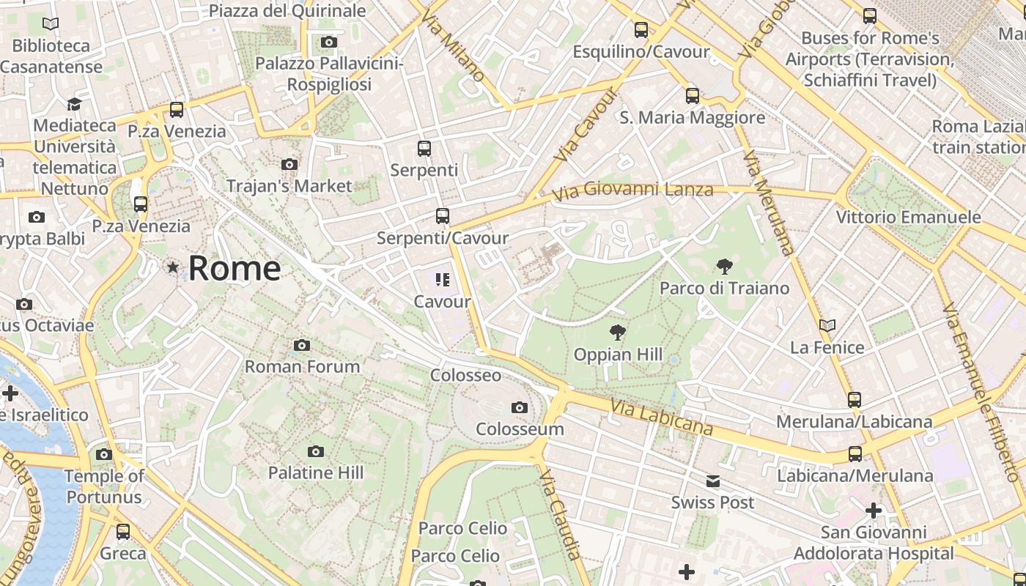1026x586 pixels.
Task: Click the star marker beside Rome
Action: (173, 267)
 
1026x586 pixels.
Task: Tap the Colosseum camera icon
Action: (520, 407)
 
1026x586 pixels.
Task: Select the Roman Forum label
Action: (302, 366)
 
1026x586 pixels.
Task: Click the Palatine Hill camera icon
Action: (316, 451)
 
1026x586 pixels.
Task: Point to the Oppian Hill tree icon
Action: (618, 333)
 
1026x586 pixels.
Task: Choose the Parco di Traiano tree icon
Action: (725, 266)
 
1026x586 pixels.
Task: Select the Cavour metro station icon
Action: (442, 279)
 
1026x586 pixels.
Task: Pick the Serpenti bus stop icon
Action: (424, 149)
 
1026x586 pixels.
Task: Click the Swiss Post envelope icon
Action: (713, 481)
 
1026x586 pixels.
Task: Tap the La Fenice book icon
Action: (827, 325)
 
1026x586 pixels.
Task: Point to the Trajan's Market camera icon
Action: (289, 164)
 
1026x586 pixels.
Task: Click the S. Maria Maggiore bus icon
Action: (693, 96)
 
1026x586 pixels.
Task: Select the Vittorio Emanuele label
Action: (908, 217)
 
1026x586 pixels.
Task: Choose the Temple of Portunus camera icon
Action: (104, 454)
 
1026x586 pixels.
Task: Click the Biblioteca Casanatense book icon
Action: (51, 24)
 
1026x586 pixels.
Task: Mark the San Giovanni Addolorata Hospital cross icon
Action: (874, 510)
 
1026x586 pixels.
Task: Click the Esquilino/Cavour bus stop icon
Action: (641, 30)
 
